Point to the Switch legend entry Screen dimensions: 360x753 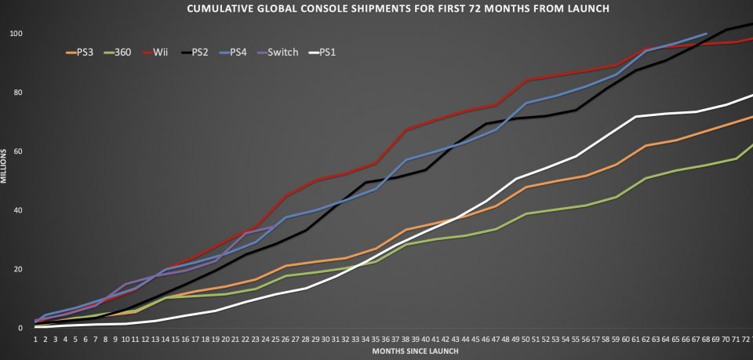tap(282, 53)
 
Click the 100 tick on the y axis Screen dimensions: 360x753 tap(15, 34)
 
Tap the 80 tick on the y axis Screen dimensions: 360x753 tap(17, 93)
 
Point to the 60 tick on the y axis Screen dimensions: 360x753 tap(17, 151)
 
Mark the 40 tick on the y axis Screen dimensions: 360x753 tap(17, 210)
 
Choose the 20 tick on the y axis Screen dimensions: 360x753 tap(17, 269)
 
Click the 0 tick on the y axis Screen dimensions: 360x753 tap(20, 328)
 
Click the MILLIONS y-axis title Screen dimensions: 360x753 tap(4, 169)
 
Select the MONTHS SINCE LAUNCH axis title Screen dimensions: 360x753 tap(415, 351)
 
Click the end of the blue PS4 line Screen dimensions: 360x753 tap(706, 34)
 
